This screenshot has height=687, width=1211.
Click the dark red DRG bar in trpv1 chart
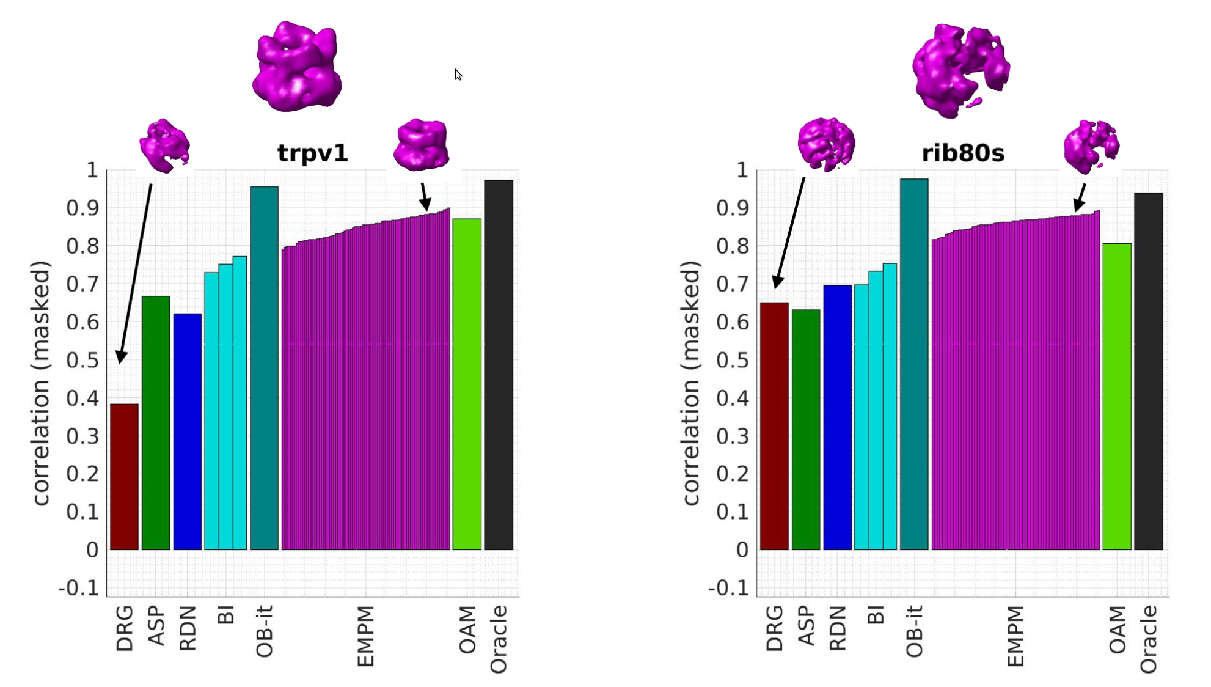pyautogui.click(x=124, y=477)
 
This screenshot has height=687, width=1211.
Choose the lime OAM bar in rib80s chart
pyautogui.click(x=1117, y=397)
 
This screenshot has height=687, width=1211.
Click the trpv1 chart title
pyautogui.click(x=313, y=153)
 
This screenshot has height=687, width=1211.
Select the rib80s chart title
pyautogui.click(x=963, y=153)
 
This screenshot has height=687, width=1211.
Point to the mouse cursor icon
pyautogui.click(x=458, y=75)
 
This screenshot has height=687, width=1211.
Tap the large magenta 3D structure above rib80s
pyautogui.click(x=960, y=70)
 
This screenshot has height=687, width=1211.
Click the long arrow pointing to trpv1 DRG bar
pyautogui.click(x=136, y=273)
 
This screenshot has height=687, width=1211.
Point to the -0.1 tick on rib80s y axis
pyautogui.click(x=728, y=588)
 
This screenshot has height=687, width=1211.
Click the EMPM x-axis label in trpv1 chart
pyautogui.click(x=365, y=636)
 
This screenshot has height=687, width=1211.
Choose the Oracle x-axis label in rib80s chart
pyautogui.click(x=1149, y=639)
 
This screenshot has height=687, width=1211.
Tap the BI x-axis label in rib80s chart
pyautogui.click(x=876, y=615)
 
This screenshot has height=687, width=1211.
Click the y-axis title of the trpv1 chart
pyautogui.click(x=40, y=383)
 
